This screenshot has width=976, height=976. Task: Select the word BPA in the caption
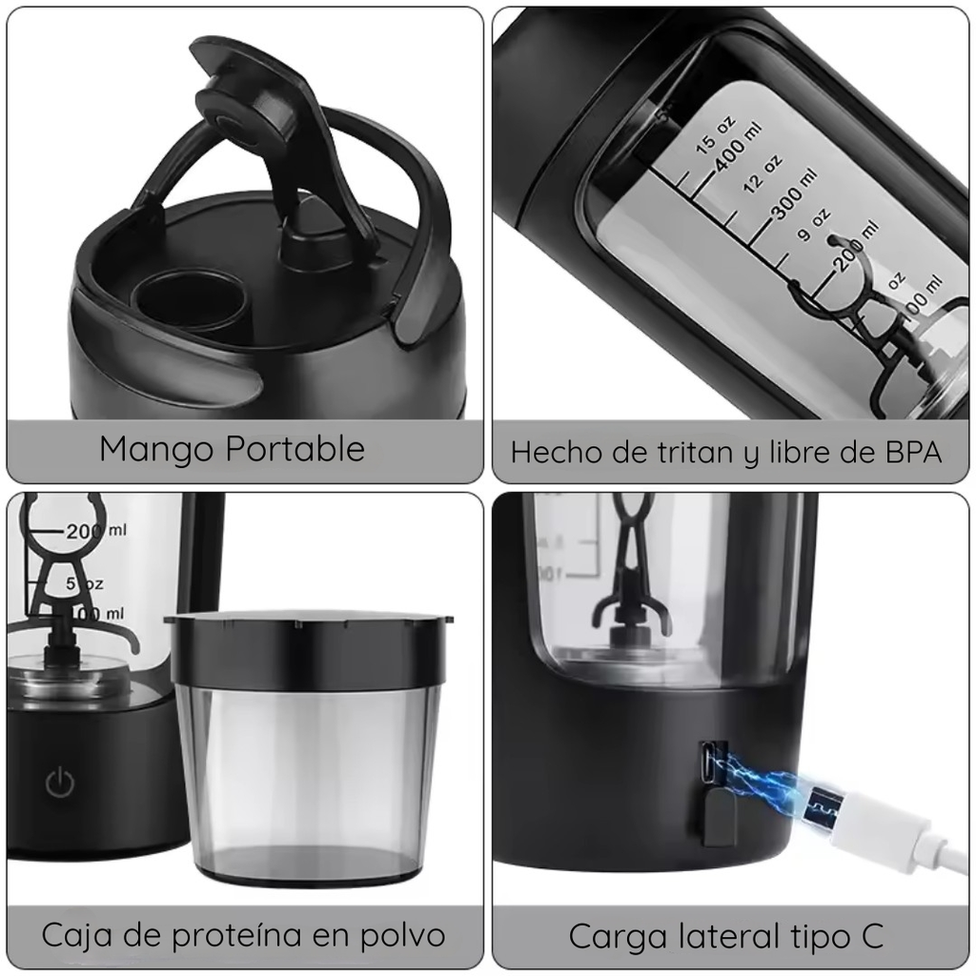(x=906, y=451)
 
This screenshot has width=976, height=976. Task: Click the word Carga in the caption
(x=620, y=936)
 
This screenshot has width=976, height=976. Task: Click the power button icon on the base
(x=60, y=783)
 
